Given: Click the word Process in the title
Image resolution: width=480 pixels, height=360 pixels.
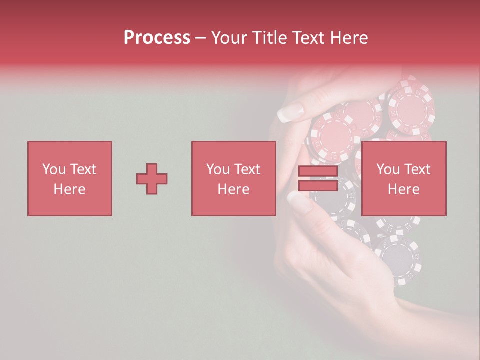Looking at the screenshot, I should click(x=157, y=38).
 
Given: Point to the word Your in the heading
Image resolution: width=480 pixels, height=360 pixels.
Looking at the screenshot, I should click(x=230, y=38).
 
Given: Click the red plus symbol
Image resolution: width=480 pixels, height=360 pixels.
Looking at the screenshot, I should click(x=152, y=178).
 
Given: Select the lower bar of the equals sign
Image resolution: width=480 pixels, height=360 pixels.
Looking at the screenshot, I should click(x=318, y=185).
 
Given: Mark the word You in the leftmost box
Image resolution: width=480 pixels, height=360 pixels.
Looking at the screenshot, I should click(x=53, y=169).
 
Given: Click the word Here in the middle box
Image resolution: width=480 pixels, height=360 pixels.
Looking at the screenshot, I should click(x=233, y=189).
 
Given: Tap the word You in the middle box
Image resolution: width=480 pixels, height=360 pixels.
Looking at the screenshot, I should click(x=218, y=169).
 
